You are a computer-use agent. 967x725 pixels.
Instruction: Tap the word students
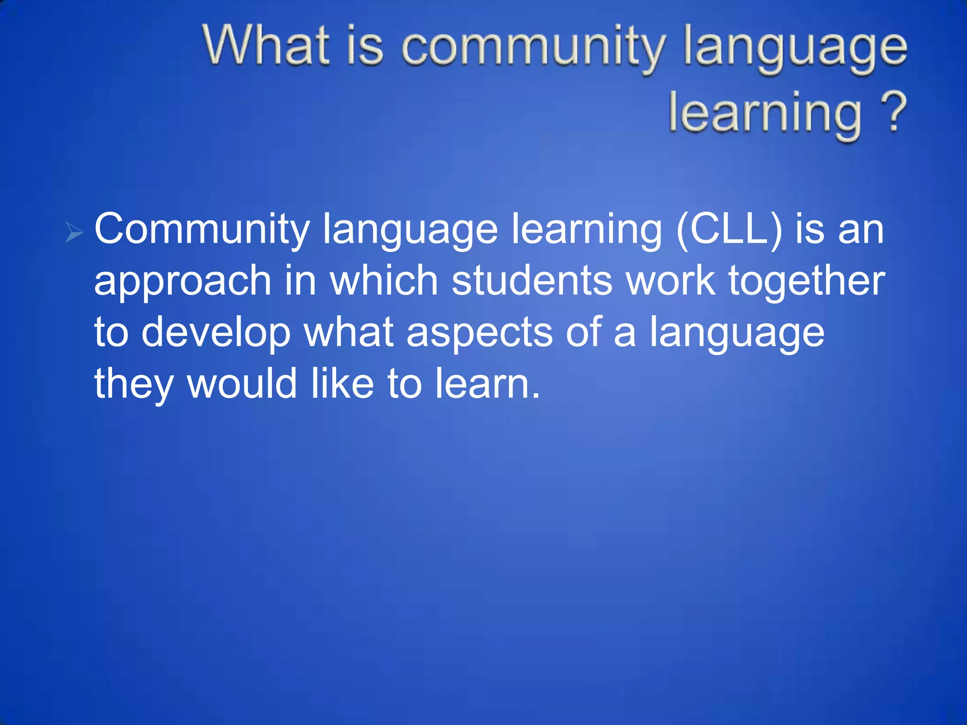click(532, 280)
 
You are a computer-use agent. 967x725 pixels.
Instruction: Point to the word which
click(384, 280)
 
